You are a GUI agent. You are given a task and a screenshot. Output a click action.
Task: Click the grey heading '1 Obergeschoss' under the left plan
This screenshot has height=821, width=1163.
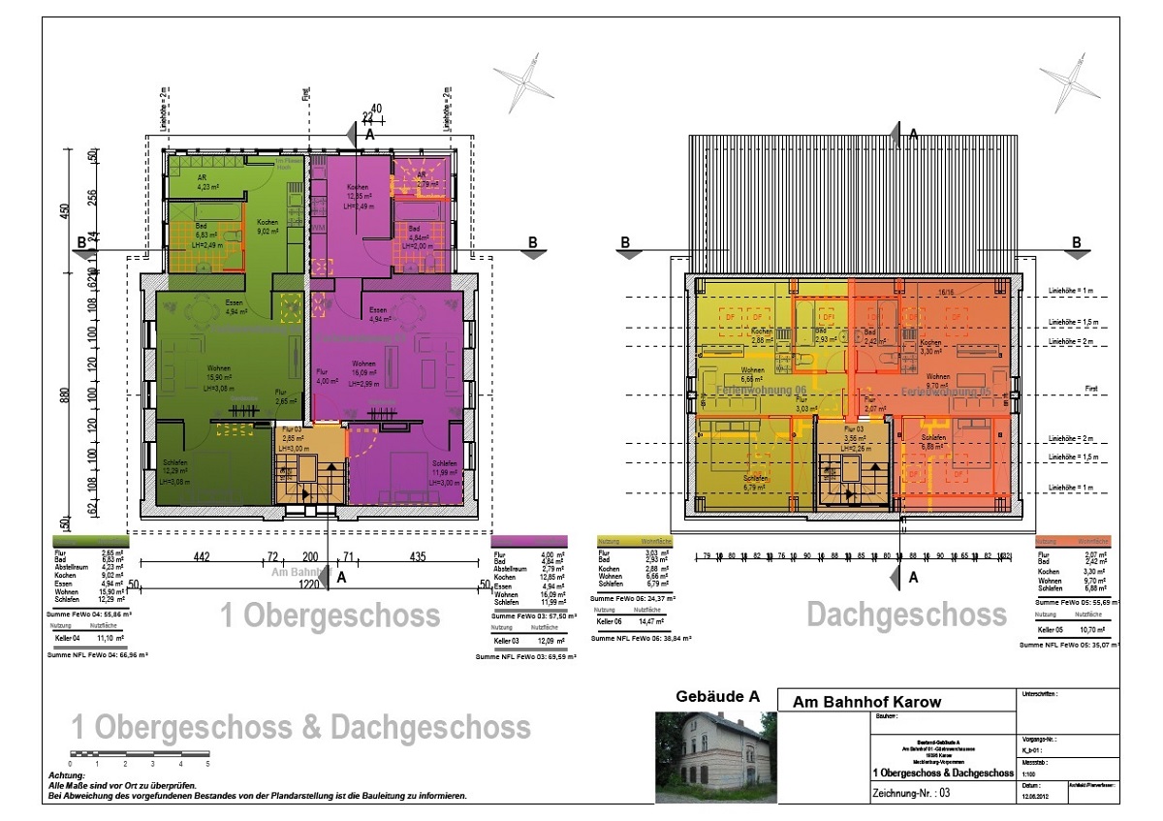(x=330, y=616)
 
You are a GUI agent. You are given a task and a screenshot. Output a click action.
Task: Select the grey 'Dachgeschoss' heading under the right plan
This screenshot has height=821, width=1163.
(x=906, y=615)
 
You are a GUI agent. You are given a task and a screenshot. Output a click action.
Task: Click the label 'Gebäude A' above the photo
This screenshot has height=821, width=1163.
(x=717, y=697)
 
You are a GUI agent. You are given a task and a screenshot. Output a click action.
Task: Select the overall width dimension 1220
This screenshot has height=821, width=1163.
(x=308, y=585)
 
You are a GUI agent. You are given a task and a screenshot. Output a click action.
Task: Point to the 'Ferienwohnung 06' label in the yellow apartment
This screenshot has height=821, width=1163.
(x=762, y=389)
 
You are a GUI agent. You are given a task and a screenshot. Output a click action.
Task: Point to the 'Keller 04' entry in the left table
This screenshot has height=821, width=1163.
(x=65, y=640)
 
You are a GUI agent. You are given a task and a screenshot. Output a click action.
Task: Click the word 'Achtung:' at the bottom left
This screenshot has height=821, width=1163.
(x=66, y=776)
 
